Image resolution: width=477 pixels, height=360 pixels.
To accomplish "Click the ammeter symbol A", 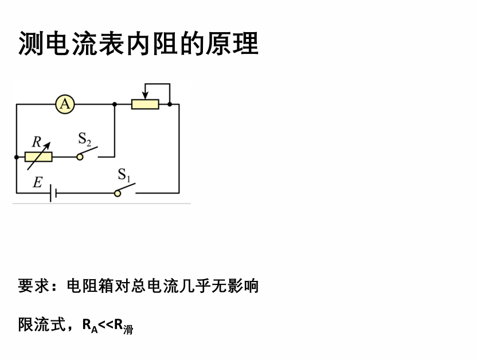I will coord(65,104).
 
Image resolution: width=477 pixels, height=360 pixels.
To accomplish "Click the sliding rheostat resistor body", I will coord(145,104).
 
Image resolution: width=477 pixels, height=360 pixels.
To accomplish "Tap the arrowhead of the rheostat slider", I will coord(145,95).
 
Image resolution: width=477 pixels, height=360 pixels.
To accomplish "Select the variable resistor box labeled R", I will coord(38,156).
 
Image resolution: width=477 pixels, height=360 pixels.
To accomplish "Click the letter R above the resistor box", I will coord(36,140).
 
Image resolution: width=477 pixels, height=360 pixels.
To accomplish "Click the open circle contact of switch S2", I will coord(80,156).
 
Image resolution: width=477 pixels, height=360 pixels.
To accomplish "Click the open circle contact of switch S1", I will coord(118,193).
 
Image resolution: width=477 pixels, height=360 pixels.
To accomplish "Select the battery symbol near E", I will coord(53,193).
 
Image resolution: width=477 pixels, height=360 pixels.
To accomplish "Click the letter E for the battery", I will coord(37,182).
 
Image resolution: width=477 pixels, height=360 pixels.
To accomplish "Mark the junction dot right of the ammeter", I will coord(115,104).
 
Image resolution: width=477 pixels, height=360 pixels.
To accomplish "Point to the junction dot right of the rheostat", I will coord(170,104).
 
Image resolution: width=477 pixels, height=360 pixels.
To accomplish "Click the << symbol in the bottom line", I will coord(106,326).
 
